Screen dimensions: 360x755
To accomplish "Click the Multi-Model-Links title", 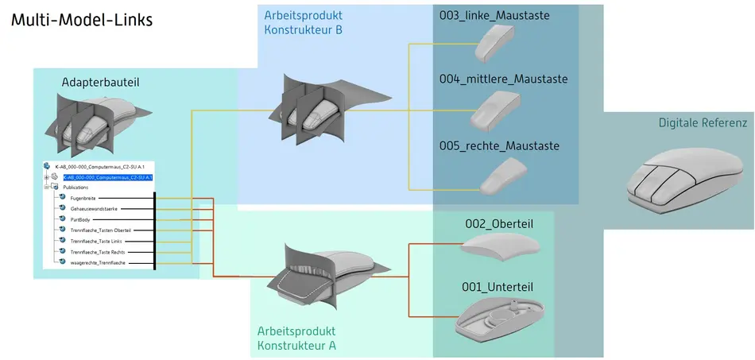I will pos(81,20).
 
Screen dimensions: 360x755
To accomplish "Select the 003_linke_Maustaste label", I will pos(494,15).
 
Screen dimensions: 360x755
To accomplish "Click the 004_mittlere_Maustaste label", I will pos(504,79).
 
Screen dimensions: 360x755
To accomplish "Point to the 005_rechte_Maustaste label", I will pos(499,145).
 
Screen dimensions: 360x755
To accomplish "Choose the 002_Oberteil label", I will pos(498,224).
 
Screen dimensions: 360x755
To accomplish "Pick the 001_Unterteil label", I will pos(498,287).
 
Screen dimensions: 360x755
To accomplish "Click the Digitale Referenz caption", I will pos(703,123).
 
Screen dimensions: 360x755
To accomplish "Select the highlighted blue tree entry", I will pos(107,177).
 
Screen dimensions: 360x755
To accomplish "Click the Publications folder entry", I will pos(75,188).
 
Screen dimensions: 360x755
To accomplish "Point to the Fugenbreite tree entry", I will pos(83,198).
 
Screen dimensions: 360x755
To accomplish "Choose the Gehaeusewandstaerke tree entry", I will pos(93,208).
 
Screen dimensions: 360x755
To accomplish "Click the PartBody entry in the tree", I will pos(80,219).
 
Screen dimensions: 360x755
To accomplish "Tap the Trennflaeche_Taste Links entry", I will pos(95,241).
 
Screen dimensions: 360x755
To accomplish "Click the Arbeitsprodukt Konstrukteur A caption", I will pos(296,338).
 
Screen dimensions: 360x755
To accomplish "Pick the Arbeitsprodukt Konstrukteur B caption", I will pos(303,22).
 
